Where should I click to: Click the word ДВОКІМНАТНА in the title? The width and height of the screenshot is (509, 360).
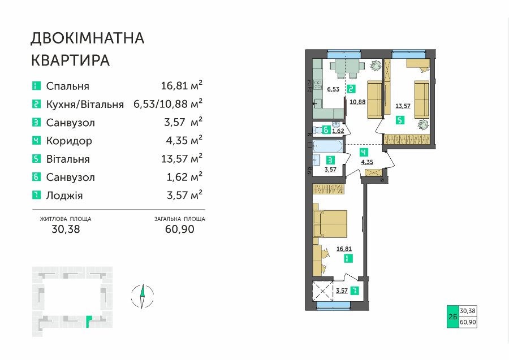point(87,38)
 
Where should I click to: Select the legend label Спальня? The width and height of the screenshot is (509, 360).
point(67,86)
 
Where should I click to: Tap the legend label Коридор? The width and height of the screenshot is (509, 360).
point(69,141)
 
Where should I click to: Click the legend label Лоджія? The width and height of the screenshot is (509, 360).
point(64,196)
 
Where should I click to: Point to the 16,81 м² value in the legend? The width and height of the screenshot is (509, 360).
point(182,85)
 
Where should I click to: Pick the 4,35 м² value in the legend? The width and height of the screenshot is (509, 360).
point(184,140)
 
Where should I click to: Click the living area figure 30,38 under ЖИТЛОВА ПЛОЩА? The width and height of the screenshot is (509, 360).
point(66,229)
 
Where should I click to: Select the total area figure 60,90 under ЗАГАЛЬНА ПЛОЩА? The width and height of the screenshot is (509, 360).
point(179,229)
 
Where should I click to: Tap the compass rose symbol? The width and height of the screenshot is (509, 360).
point(142,296)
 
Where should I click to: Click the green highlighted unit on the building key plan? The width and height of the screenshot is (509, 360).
point(89,322)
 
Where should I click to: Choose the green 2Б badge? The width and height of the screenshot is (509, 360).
point(453,316)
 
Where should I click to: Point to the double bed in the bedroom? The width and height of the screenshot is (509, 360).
point(330,224)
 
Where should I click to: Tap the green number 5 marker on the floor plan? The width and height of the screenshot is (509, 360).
point(400,120)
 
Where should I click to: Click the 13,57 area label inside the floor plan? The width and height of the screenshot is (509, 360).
point(403,106)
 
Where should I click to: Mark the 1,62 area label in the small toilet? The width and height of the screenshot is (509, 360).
point(338,131)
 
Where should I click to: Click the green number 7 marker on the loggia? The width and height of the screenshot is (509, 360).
point(356,290)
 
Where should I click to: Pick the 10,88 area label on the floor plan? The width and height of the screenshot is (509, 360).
point(358,102)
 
